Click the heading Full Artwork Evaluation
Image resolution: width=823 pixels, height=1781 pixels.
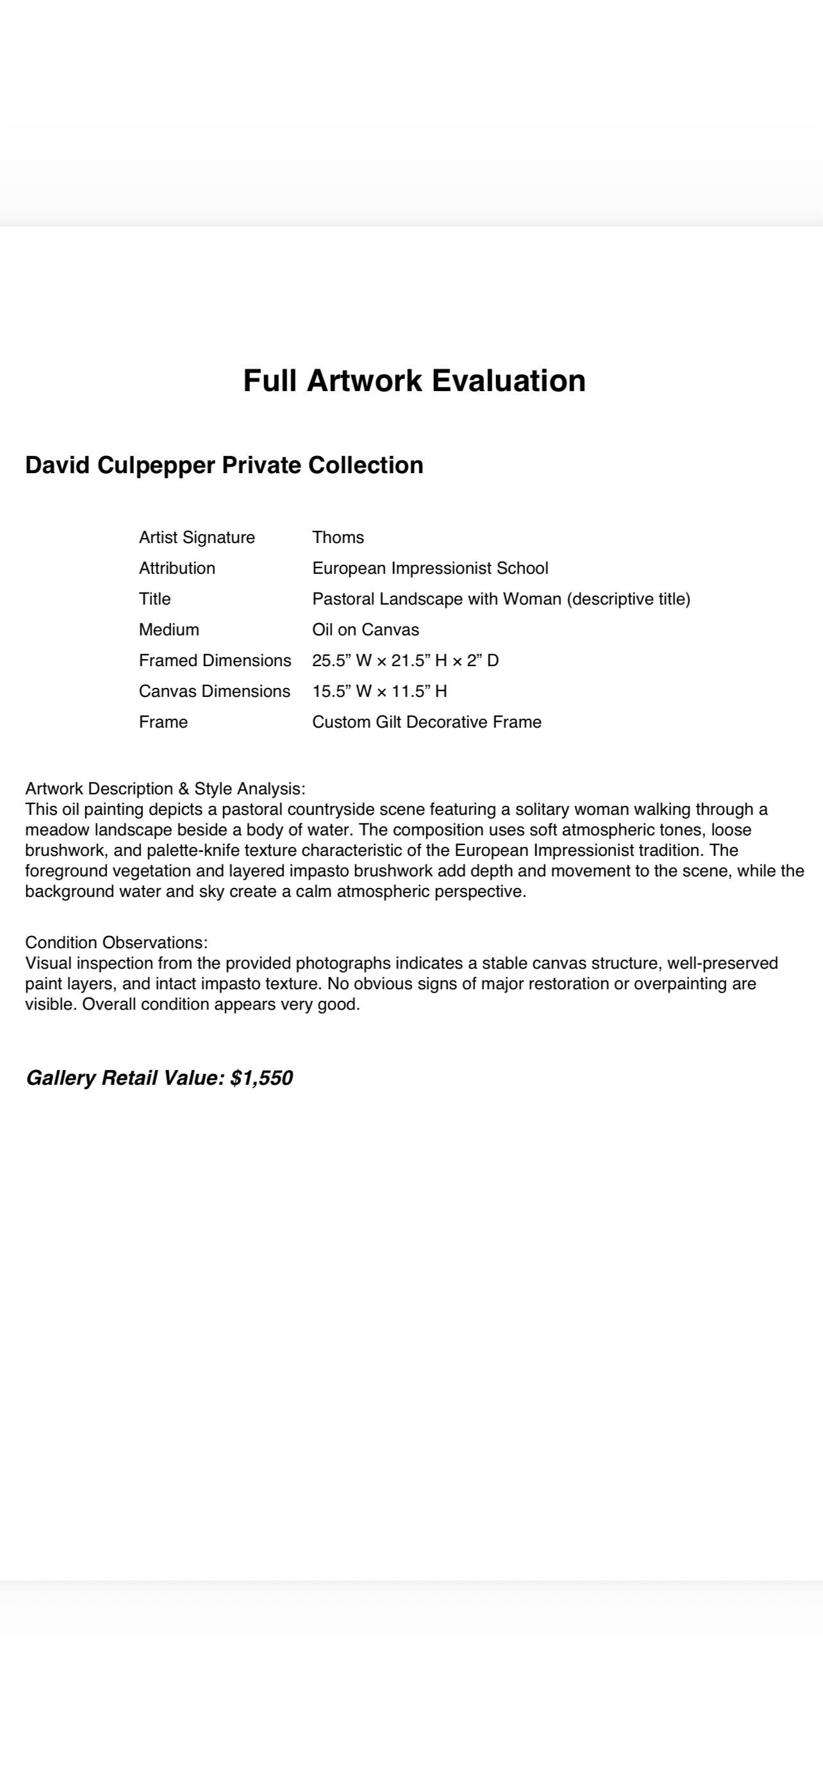click(414, 381)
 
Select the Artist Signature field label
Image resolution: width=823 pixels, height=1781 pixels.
click(197, 537)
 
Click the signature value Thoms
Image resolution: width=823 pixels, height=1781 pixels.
click(338, 537)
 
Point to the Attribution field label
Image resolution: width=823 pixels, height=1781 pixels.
click(177, 568)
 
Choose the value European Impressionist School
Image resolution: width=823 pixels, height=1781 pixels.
click(430, 568)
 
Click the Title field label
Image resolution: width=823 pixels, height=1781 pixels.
click(154, 599)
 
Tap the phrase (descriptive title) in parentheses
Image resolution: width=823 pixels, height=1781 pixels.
click(628, 599)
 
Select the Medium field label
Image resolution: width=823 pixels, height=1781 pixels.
click(169, 630)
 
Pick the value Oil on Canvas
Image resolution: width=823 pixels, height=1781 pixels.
click(365, 630)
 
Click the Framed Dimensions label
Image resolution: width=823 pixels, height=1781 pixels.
click(215, 660)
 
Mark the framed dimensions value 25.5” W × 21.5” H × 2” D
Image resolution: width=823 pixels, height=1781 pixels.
click(405, 660)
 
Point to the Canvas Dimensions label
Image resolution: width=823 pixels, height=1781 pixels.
click(214, 691)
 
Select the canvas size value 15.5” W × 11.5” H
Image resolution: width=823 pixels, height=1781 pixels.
click(379, 691)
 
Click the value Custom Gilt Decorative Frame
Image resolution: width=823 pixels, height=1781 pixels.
click(426, 722)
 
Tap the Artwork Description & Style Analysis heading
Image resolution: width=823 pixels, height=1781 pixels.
click(165, 789)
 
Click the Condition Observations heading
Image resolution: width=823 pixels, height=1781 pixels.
click(116, 942)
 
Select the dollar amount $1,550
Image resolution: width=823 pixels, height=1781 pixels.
click(262, 1078)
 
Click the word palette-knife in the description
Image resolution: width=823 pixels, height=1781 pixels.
click(193, 850)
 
